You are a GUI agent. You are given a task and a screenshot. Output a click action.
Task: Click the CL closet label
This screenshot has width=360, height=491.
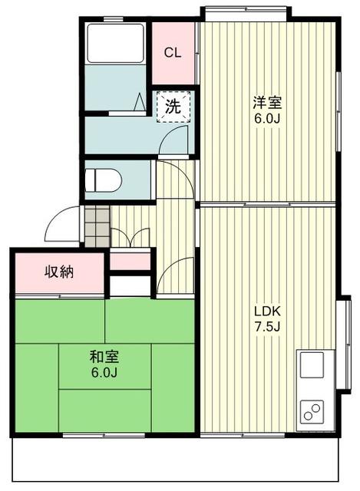coord(173,53)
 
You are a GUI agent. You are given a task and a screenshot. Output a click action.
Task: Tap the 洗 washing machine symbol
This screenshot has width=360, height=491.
coord(174,107)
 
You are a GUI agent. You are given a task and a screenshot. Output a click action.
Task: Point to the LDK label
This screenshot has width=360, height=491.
coord(269,311)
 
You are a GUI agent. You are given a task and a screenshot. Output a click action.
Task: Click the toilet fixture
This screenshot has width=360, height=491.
coord(103,181)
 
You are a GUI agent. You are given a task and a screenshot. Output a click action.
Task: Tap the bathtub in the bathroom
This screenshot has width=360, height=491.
coord(115,44)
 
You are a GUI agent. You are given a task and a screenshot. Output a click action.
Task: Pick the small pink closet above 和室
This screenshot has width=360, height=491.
coord(130,261)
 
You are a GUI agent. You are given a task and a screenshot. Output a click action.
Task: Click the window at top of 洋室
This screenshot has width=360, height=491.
coord(246,11)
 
